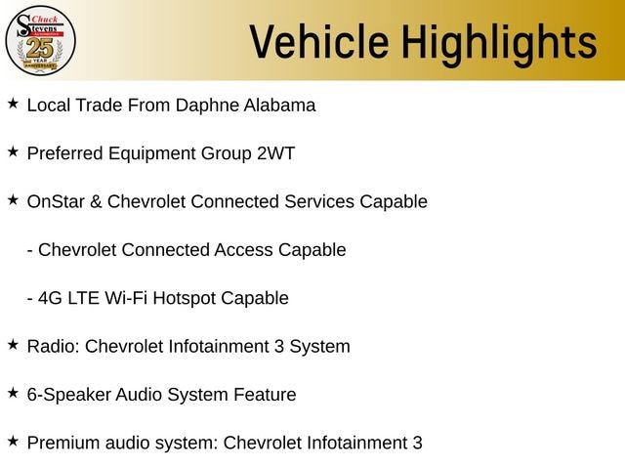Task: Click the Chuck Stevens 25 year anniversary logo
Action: click(40, 41)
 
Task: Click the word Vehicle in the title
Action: click(319, 42)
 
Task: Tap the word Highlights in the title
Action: click(499, 44)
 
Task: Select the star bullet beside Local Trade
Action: click(13, 104)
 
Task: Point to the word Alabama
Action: click(279, 106)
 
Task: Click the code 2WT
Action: click(275, 153)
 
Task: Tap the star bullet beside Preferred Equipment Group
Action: click(13, 152)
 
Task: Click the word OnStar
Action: click(56, 201)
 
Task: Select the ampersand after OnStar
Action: click(96, 202)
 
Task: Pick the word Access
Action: click(243, 250)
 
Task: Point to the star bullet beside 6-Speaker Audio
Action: click(13, 393)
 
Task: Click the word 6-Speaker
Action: click(69, 395)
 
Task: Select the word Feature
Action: click(265, 395)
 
